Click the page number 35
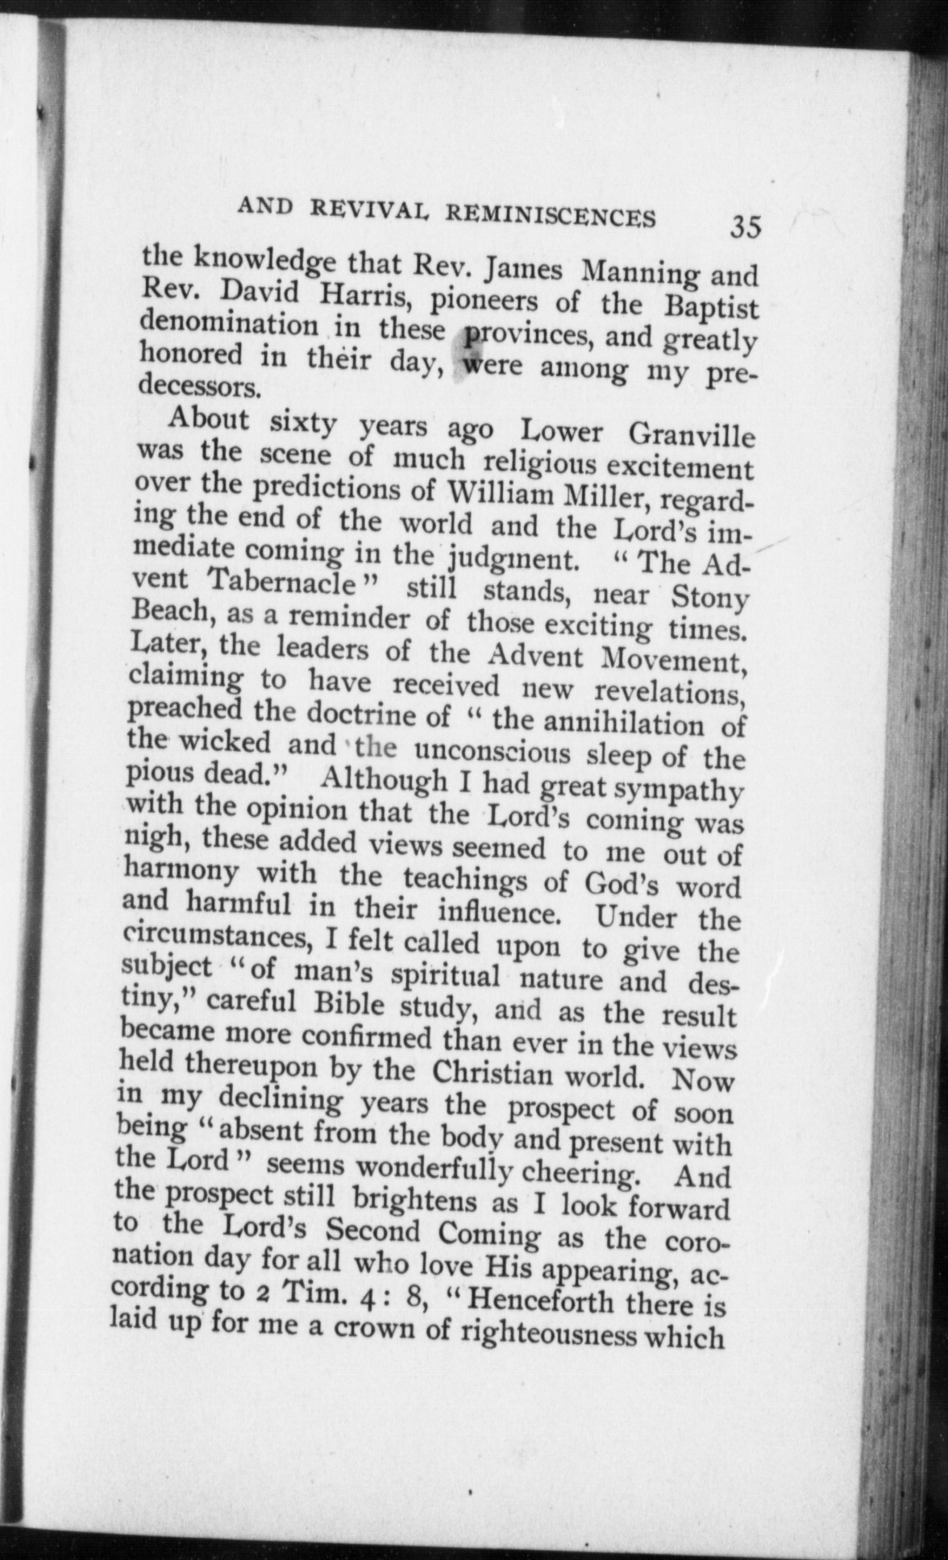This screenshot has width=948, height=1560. coord(746,226)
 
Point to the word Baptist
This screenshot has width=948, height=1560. coord(713,309)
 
